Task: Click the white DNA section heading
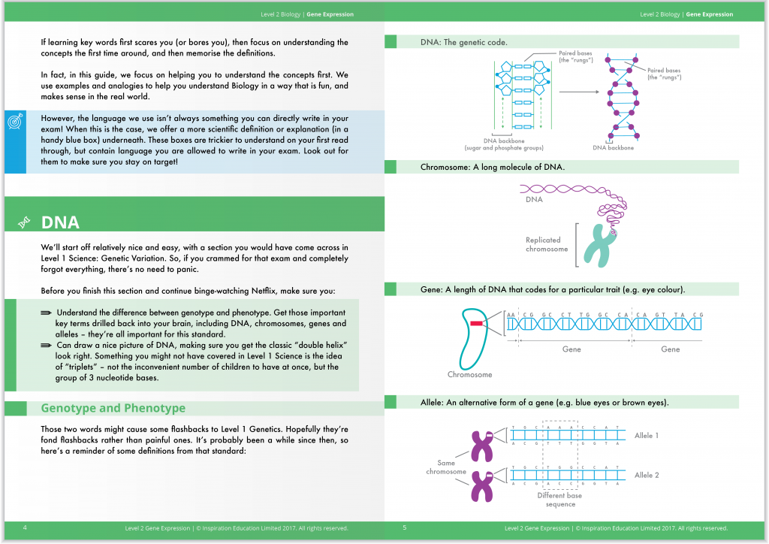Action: click(x=60, y=222)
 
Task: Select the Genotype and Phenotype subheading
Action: click(x=113, y=408)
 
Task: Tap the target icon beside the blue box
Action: click(x=14, y=122)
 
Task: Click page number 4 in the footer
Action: click(x=26, y=527)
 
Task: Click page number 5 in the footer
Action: click(x=404, y=527)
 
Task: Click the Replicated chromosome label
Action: click(x=547, y=244)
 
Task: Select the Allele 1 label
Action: click(x=646, y=435)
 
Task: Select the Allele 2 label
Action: click(x=646, y=475)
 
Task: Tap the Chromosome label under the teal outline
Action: click(x=469, y=374)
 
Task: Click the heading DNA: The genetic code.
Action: click(x=463, y=42)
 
